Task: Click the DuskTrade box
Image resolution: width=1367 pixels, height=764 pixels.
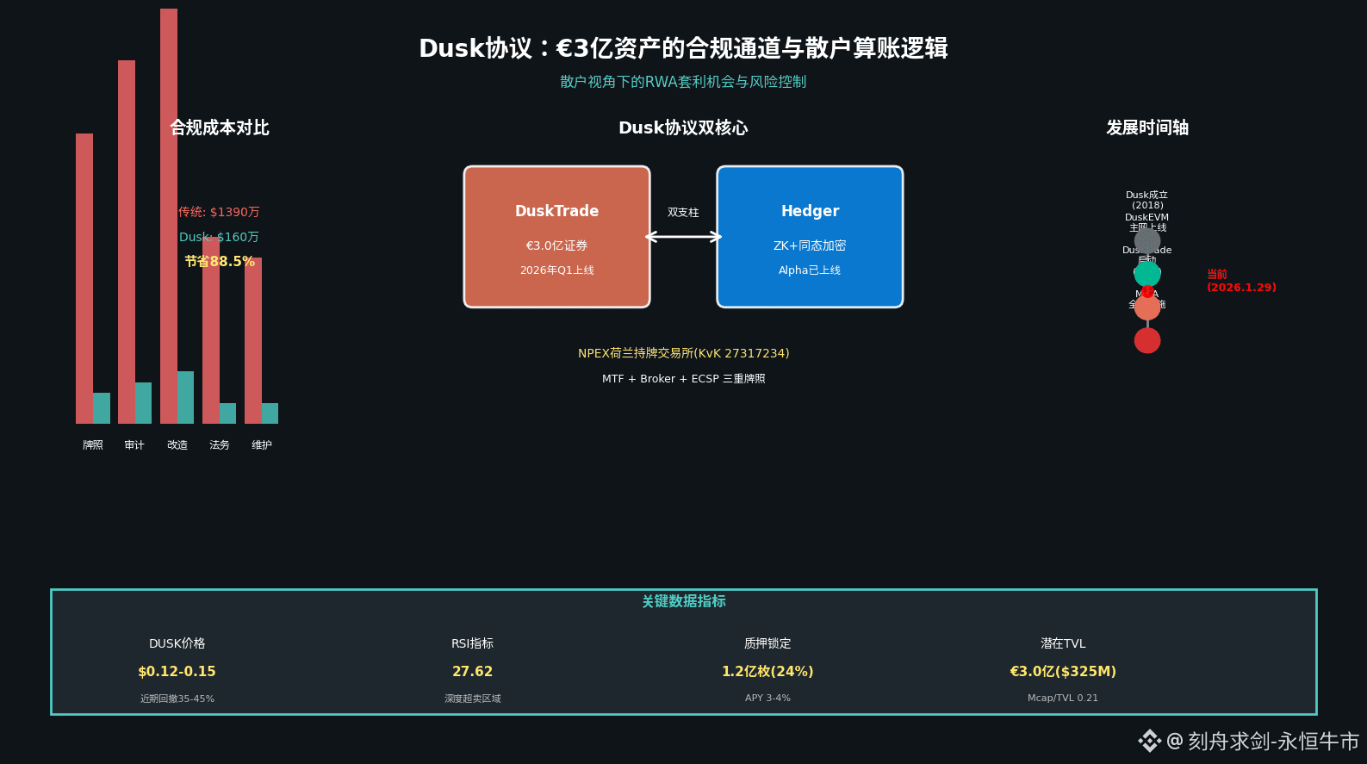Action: coord(556,237)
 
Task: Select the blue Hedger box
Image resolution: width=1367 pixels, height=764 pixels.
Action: coord(810,237)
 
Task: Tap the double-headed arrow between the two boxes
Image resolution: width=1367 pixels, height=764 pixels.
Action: coord(683,237)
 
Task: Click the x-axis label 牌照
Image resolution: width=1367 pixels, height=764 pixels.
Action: coord(92,445)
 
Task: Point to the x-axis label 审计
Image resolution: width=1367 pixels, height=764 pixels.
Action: coord(134,445)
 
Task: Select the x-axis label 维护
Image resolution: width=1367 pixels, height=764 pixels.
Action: coord(261,445)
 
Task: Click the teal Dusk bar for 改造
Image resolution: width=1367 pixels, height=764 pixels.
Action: coord(185,397)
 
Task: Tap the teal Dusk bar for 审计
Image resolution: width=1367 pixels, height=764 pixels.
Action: coord(143,403)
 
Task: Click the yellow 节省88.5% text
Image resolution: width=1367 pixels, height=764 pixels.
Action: coord(220,261)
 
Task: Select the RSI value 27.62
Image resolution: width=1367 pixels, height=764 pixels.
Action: coord(472,671)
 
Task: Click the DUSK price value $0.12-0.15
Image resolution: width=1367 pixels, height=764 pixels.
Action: coord(177,671)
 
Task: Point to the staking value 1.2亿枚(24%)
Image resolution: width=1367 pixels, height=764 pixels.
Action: coord(767,671)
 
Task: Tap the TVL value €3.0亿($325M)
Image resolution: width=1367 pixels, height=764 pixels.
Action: coord(1063,671)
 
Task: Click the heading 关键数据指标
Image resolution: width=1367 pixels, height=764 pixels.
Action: coord(684,601)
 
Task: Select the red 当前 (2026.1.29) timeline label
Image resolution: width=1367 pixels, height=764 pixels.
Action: coord(1241,281)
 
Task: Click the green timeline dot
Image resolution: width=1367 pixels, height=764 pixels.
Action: coord(1147,273)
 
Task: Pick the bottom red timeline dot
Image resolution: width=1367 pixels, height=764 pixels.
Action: coord(1147,340)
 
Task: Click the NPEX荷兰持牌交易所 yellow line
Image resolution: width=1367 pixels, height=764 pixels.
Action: coord(683,353)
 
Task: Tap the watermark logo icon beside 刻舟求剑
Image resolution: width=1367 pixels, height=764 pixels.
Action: coord(1149,741)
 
